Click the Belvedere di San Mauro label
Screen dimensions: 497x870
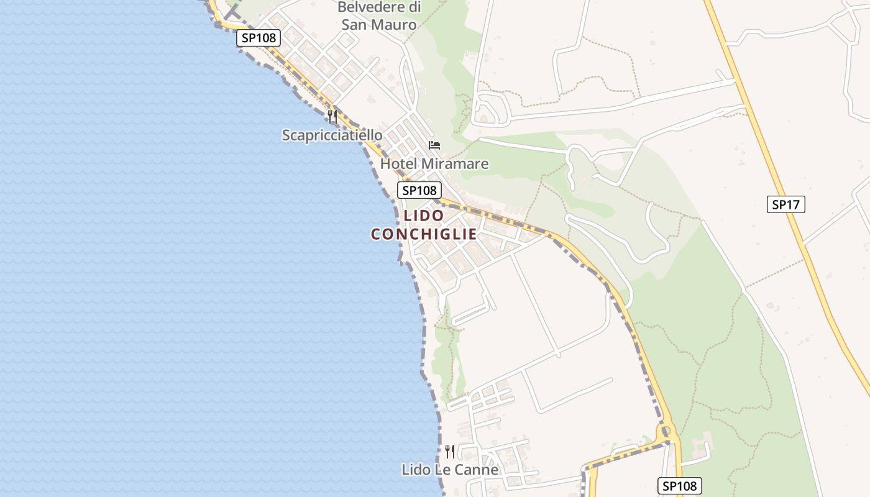pos(378,16)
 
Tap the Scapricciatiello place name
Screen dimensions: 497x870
pos(332,135)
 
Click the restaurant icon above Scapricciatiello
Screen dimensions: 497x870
pos(332,116)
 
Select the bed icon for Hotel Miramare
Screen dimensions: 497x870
pos(434,145)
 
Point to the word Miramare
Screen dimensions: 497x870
pos(454,164)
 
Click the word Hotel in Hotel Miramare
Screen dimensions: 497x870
pos(398,164)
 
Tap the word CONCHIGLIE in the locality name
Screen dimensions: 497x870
pos(424,234)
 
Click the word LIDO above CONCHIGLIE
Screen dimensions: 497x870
pos(424,216)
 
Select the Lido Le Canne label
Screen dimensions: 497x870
pos(450,470)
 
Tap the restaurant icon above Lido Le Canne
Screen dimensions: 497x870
pos(450,452)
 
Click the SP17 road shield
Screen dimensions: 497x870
pos(785,204)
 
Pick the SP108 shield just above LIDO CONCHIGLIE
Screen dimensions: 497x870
pos(419,190)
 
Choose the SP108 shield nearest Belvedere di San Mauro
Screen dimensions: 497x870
pos(259,38)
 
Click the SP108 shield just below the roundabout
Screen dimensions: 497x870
pos(679,486)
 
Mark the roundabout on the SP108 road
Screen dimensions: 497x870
pos(666,430)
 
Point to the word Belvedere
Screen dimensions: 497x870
pos(379,8)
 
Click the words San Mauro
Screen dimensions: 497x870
pos(378,25)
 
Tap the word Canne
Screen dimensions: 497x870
pos(478,470)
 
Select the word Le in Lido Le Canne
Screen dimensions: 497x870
pos(446,470)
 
